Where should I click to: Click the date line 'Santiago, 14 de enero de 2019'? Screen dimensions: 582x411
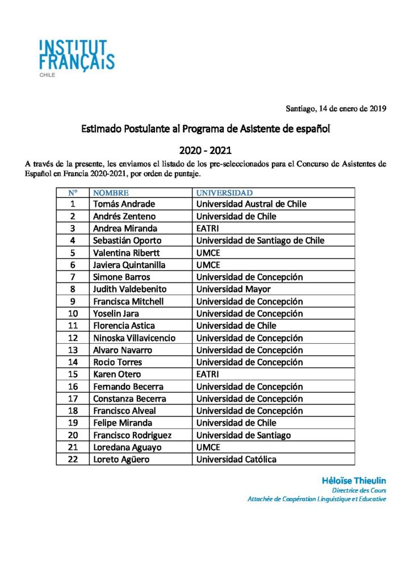coord(335,108)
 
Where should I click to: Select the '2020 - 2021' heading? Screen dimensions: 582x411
coord(205,151)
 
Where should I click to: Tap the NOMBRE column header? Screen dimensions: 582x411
coord(111,193)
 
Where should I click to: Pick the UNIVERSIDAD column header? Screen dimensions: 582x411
coord(224,193)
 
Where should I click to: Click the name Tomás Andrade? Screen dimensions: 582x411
coord(124,204)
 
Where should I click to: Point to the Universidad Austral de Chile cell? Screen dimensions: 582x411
coord(251,204)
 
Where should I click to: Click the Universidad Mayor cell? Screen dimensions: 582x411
coord(233,289)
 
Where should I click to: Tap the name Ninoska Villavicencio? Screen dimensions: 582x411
coord(134,338)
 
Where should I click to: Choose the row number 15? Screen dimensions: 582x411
coord(73,375)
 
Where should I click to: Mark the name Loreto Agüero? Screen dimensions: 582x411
coord(121,459)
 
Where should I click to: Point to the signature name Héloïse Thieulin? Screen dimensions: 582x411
coord(354,480)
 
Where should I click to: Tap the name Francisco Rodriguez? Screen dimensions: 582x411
coord(132,435)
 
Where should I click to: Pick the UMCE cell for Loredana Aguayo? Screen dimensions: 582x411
coord(208,447)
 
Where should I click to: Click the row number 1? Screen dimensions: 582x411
coord(73,204)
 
